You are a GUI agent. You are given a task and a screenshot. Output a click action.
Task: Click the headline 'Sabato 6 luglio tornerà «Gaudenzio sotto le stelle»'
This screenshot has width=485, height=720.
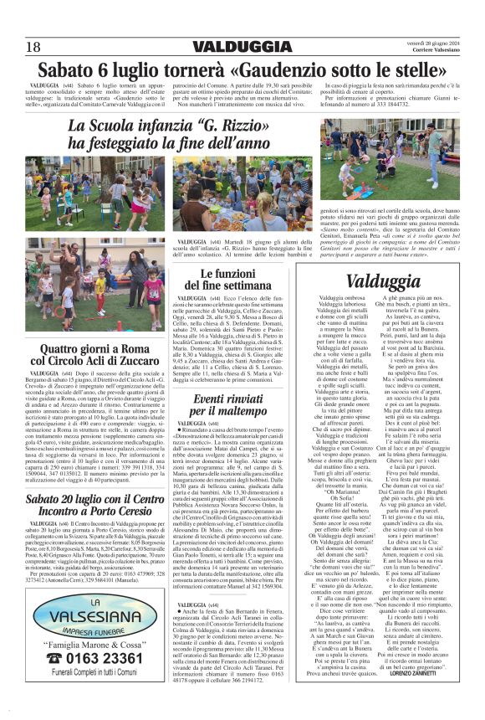pyautogui.click(x=242, y=68)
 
